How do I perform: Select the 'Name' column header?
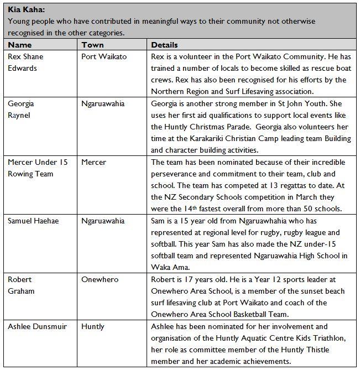click(x=20, y=45)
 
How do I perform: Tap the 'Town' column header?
click(x=92, y=45)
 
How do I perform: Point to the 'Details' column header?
click(x=164, y=45)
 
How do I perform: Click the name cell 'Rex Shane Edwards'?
click(x=25, y=62)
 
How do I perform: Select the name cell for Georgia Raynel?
click(x=23, y=109)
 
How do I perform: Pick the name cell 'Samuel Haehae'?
click(x=34, y=221)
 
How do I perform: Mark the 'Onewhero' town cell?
click(x=100, y=280)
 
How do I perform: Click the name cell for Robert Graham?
click(x=21, y=285)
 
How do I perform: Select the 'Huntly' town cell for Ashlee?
click(x=93, y=327)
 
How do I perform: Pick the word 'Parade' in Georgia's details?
click(x=261, y=127)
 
